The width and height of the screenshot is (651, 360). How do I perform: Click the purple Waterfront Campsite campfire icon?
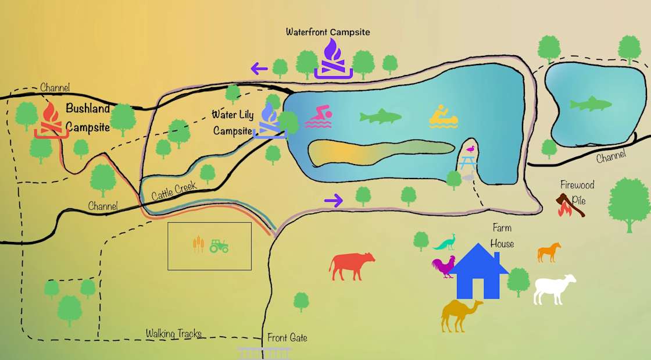333,59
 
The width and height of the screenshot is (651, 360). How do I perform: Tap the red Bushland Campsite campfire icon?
52,121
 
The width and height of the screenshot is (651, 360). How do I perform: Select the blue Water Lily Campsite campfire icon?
269,121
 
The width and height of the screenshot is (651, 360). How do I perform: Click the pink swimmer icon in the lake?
319,117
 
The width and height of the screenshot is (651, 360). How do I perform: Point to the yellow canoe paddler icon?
443,117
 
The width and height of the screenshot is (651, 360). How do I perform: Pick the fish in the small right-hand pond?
591,105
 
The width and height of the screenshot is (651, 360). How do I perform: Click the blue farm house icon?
478,272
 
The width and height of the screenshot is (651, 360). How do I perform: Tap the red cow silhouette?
352,265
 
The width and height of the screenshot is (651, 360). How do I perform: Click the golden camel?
461,315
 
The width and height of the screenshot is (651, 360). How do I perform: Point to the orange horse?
549,252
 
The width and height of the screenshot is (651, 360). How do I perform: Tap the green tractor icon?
219,246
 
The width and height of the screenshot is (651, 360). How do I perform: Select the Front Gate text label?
287,338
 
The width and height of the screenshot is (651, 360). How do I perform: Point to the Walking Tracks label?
173,334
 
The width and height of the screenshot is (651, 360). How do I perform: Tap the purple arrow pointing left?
259,69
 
